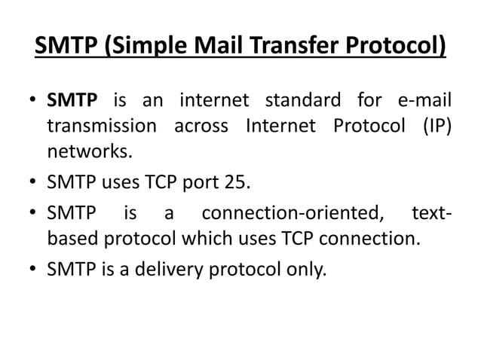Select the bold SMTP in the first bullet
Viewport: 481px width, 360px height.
pyautogui.click(x=71, y=100)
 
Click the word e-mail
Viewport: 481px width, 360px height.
pyautogui.click(x=424, y=100)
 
